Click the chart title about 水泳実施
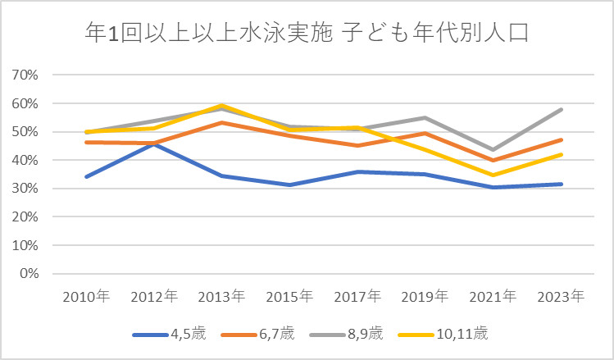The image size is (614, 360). coord(307,34)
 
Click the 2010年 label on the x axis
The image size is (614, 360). coord(85,295)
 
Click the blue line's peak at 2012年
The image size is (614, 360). coord(154,143)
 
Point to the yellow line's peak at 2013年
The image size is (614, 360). coord(223,106)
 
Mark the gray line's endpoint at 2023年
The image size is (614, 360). coord(561,109)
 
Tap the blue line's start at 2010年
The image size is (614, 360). coord(85,176)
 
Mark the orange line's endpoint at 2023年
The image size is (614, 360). coord(561,139)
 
